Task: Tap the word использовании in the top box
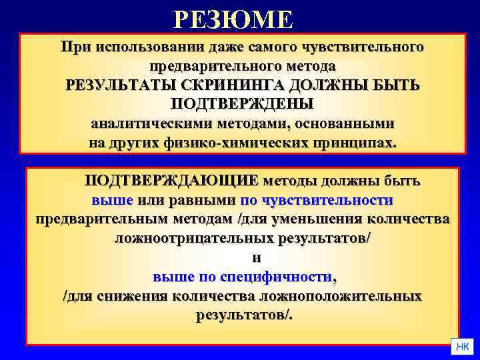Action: click(x=139, y=48)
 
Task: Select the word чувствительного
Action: click(x=363, y=48)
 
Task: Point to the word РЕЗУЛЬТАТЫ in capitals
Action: click(x=115, y=86)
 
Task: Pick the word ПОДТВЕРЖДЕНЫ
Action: click(x=241, y=105)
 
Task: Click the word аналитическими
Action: click(x=152, y=124)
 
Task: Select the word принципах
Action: click(x=351, y=143)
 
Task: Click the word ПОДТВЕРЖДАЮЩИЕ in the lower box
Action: click(x=171, y=181)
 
